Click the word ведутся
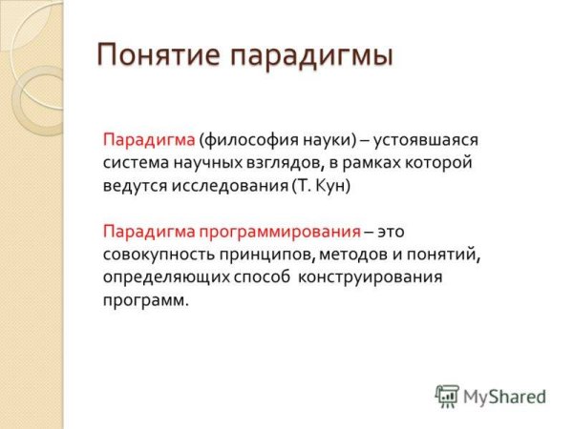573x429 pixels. coord(133,186)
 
